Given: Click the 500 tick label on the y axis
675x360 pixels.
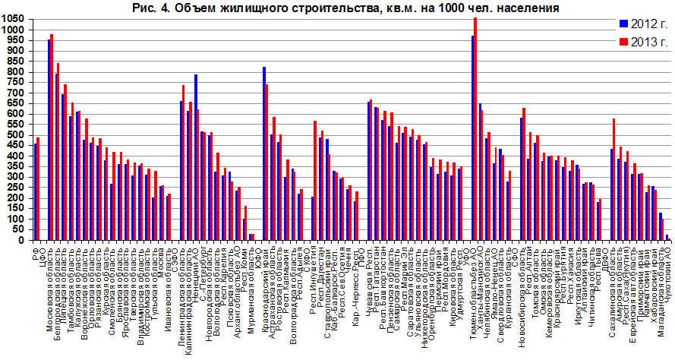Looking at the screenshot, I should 16,135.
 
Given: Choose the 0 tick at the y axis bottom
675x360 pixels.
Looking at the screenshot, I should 23,240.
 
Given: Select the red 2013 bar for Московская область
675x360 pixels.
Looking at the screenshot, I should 52,137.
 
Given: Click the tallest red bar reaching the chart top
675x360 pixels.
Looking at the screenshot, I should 475,128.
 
